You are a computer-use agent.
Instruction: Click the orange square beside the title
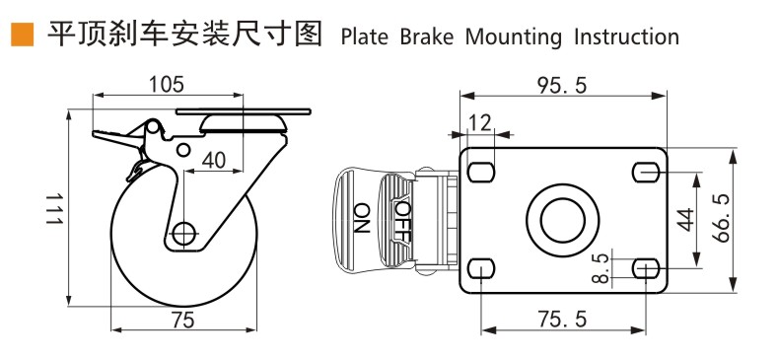click(x=23, y=35)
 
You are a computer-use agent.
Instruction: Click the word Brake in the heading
click(x=427, y=37)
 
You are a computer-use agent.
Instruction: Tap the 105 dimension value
click(x=167, y=85)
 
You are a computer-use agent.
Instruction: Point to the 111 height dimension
click(x=54, y=209)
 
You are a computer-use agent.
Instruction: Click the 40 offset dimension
click(x=213, y=160)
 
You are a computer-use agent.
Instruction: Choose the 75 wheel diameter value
click(x=183, y=321)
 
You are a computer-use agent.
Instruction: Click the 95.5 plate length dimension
click(x=562, y=86)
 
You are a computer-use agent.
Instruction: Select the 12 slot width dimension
click(x=479, y=122)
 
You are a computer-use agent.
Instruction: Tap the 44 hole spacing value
click(x=686, y=220)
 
